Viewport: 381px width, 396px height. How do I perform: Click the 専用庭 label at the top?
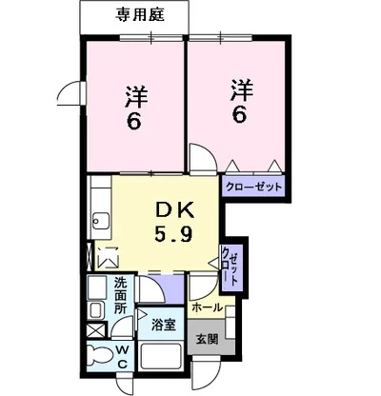(138, 15)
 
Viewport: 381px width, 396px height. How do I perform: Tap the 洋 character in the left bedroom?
(135, 96)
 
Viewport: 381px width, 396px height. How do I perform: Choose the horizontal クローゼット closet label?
(253, 188)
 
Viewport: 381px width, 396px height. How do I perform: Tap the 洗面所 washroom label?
(121, 295)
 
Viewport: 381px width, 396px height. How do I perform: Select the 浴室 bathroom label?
(163, 325)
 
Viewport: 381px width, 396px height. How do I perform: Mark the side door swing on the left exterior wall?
(68, 92)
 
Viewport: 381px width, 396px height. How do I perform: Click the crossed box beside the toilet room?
(95, 331)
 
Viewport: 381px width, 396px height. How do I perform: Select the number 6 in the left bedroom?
(135, 122)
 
